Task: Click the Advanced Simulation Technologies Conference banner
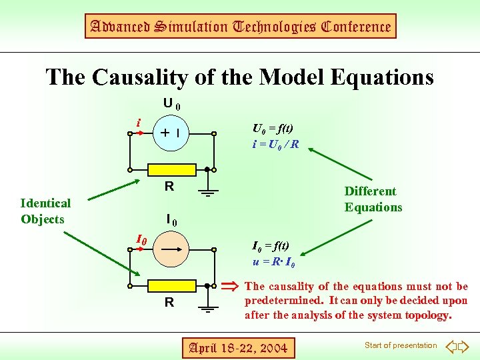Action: pyautogui.click(x=240, y=27)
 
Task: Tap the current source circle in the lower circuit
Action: pyautogui.click(x=172, y=250)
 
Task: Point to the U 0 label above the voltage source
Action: pyautogui.click(x=172, y=105)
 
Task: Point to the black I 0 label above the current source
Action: pyautogui.click(x=172, y=221)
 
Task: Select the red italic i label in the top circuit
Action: pyautogui.click(x=138, y=123)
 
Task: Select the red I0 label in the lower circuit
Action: pyautogui.click(x=141, y=239)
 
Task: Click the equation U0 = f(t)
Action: pyautogui.click(x=272, y=129)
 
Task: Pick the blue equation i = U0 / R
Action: pyautogui.click(x=275, y=144)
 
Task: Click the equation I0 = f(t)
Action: pyautogui.click(x=271, y=246)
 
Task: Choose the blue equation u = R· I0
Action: pyautogui.click(x=274, y=261)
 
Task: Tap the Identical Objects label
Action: pyautogui.click(x=45, y=211)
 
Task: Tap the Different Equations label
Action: pyautogui.click(x=373, y=199)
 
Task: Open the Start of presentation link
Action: pyautogui.click(x=401, y=345)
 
